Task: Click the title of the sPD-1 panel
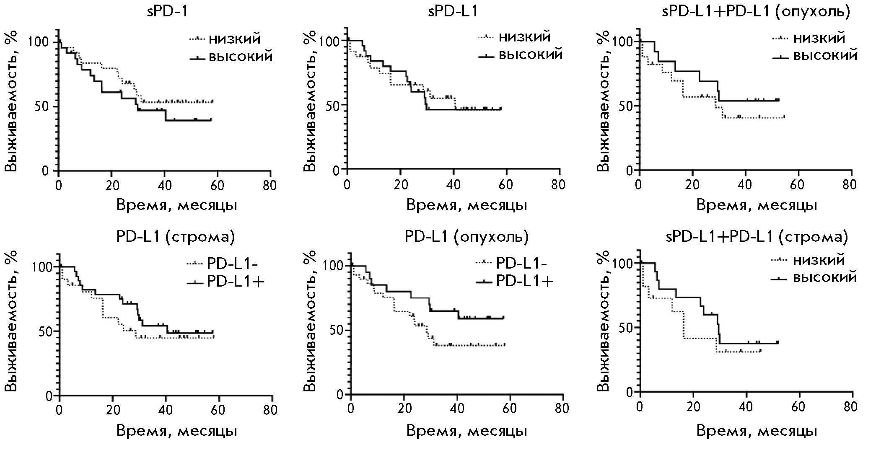[x=167, y=11]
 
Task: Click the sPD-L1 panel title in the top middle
[x=453, y=11]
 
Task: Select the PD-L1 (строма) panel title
[x=175, y=237]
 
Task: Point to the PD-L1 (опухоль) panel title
[x=466, y=237]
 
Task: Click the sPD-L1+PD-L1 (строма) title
[x=757, y=237]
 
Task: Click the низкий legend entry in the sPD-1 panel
[x=235, y=39]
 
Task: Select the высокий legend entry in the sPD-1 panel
[x=241, y=56]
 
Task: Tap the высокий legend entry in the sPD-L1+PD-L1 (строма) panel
[x=825, y=277]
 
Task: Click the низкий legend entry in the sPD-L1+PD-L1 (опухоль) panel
[x=819, y=38]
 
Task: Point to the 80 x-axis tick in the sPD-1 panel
[x=270, y=185]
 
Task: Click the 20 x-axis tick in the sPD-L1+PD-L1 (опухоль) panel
[x=692, y=185]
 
